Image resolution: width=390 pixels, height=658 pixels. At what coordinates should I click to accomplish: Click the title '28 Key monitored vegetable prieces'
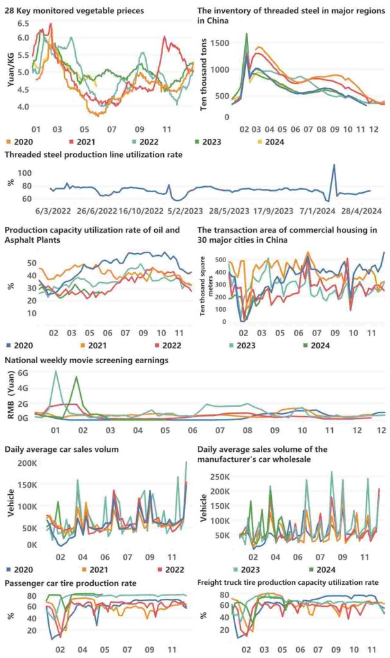(x=75, y=10)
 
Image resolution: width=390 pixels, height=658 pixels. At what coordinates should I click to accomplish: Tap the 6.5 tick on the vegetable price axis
(x=23, y=24)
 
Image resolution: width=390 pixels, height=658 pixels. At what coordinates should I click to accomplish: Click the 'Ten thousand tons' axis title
(x=204, y=75)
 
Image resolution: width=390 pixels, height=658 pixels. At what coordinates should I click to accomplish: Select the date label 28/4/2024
(x=361, y=210)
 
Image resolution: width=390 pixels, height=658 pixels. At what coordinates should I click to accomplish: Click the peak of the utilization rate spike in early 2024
(x=333, y=164)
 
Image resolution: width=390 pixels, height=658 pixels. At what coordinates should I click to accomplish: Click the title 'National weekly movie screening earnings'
(x=87, y=360)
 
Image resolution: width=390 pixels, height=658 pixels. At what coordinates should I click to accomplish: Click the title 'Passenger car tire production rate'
(x=71, y=583)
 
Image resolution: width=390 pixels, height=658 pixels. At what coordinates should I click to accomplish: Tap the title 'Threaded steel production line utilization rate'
(x=94, y=155)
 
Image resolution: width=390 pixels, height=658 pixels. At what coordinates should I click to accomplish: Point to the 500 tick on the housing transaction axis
(x=220, y=260)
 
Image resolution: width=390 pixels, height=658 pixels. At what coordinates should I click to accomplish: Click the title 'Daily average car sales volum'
(x=62, y=449)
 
